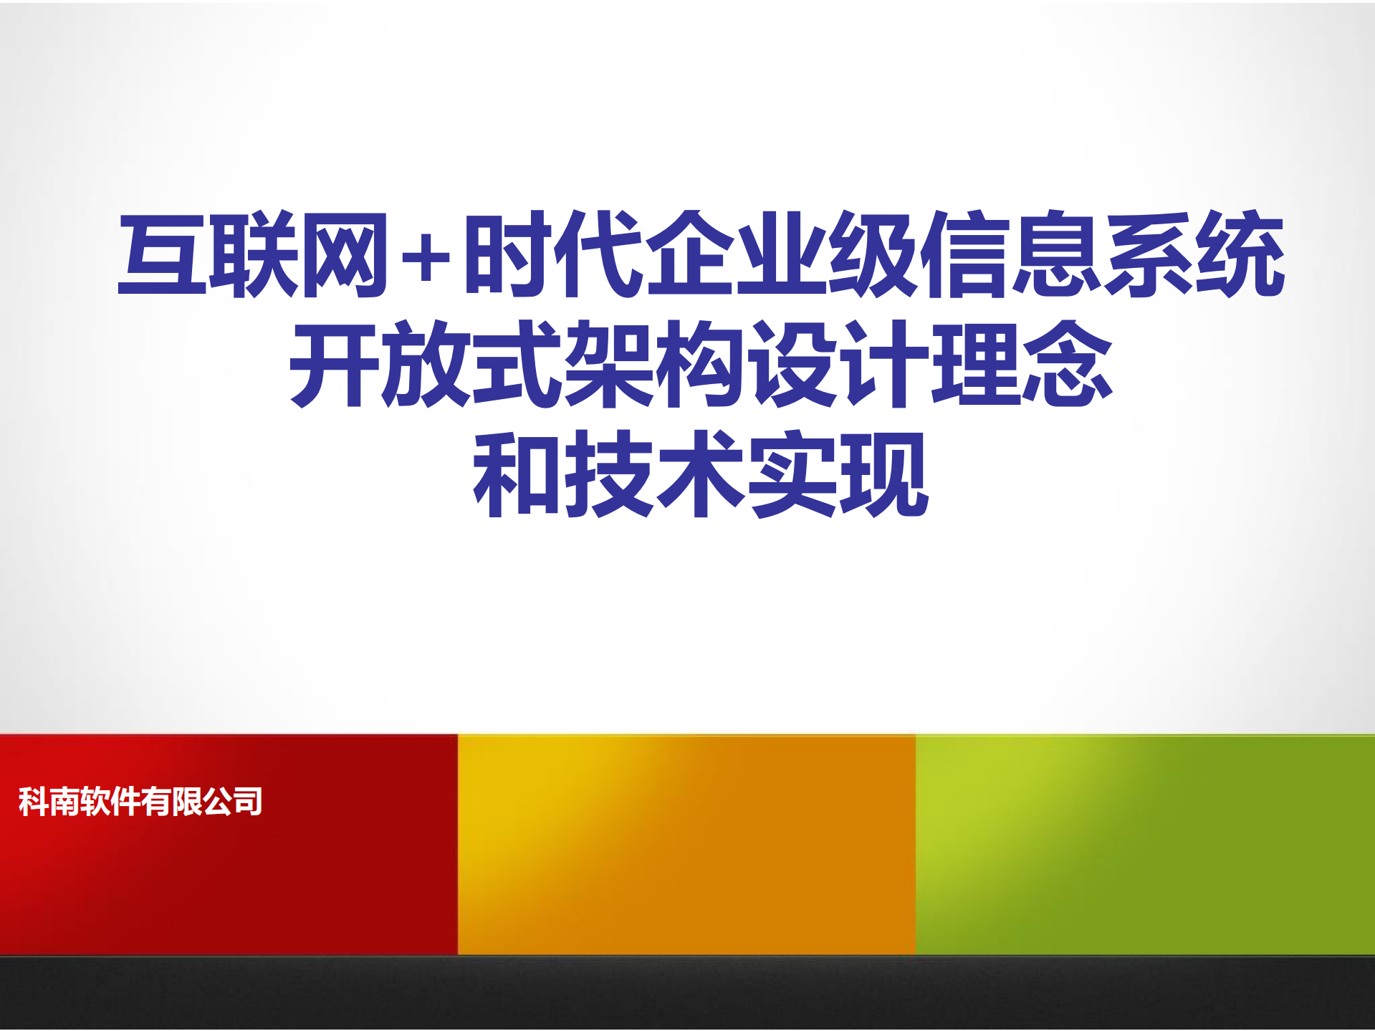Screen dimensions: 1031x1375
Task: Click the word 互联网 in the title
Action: [x=252, y=254]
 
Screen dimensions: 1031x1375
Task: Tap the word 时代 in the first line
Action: [x=552, y=254]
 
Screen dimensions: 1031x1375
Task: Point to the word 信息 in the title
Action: [x=1011, y=254]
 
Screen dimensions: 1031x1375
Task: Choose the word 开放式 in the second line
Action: [x=426, y=364]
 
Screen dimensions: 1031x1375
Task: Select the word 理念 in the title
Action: [x=1022, y=364]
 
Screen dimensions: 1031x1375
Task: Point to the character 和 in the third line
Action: [x=517, y=474]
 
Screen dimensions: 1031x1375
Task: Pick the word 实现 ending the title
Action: [x=838, y=474]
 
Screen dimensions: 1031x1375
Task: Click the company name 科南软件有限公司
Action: [x=140, y=801]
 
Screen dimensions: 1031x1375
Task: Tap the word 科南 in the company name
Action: [x=48, y=801]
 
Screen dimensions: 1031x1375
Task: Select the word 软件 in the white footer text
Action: [x=110, y=801]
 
